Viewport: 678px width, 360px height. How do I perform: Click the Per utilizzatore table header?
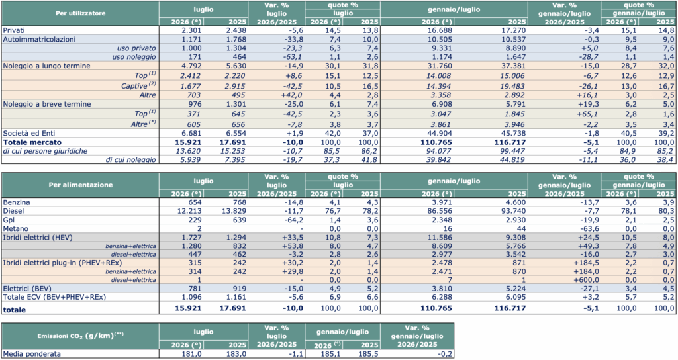pyautogui.click(x=80, y=13)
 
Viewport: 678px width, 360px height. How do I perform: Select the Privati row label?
pyautogui.click(x=14, y=30)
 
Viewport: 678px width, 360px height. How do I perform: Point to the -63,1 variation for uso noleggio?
pyautogui.click(x=293, y=57)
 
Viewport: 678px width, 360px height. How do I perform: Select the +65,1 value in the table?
pyautogui.click(x=588, y=114)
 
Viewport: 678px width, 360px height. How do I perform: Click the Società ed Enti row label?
pyautogui.click(x=29, y=133)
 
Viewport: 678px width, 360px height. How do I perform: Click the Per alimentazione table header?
pyautogui.click(x=80, y=185)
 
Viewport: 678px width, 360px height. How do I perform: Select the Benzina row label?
pyautogui.click(x=16, y=202)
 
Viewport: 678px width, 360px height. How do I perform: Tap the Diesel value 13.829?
pyautogui.click(x=232, y=211)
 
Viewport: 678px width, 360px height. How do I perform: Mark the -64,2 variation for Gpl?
pyautogui.click(x=293, y=220)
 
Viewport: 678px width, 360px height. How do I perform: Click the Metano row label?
pyautogui.click(x=16, y=228)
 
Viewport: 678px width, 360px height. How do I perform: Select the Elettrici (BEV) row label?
pyautogui.click(x=27, y=289)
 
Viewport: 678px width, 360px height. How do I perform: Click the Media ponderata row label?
pyautogui.click(x=32, y=354)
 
